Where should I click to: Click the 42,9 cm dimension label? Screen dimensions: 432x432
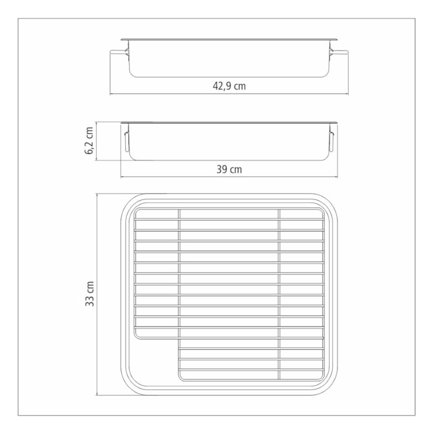pyautogui.click(x=230, y=86)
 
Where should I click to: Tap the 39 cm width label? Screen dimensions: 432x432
pyautogui.click(x=229, y=170)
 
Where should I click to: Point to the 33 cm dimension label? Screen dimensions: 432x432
pyautogui.click(x=90, y=294)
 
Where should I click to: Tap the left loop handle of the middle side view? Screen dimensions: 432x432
pyautogui.click(x=127, y=141)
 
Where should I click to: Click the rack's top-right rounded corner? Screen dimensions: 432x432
pyautogui.click(x=321, y=211)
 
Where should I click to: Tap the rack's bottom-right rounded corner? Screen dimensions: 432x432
pyautogui.click(x=321, y=376)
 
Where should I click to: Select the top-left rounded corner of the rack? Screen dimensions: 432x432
pyautogui.click(x=137, y=211)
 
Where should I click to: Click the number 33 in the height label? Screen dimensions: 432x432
pyautogui.click(x=90, y=301)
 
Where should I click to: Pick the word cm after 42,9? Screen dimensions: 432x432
pyautogui.click(x=239, y=86)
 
